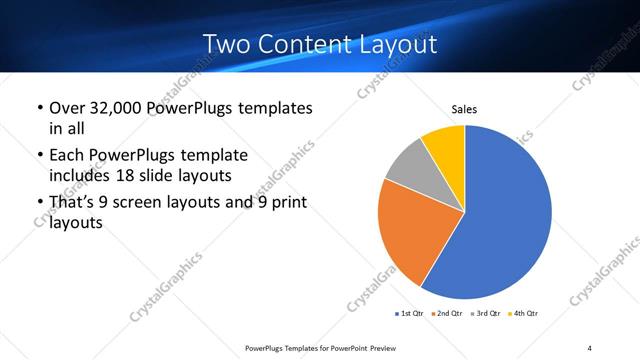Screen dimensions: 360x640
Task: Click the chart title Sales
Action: tap(464, 109)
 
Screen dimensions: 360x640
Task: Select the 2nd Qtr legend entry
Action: tap(446, 314)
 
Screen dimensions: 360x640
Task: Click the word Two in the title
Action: tap(224, 44)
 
